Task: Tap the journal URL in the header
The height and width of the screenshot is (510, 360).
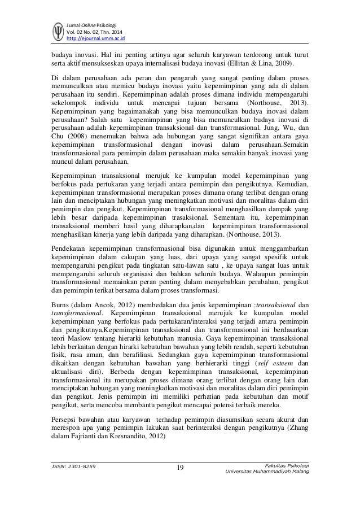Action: click(x=95, y=38)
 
